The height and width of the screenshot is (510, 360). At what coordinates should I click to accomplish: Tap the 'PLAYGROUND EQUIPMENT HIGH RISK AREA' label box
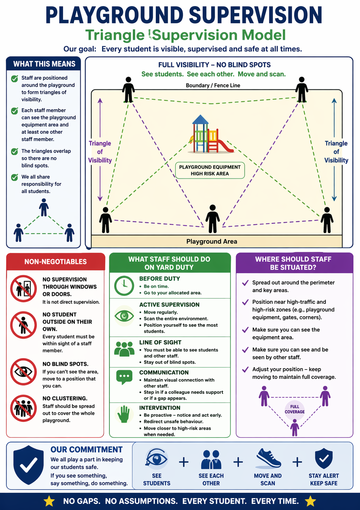click(x=210, y=170)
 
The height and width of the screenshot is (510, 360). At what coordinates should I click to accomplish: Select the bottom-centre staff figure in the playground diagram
click(x=212, y=219)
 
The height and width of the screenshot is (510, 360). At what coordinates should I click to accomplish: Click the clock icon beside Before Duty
click(x=124, y=285)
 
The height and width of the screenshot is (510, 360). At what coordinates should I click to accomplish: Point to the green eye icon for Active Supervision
click(x=124, y=316)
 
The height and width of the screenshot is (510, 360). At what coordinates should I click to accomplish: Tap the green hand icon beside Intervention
click(x=124, y=414)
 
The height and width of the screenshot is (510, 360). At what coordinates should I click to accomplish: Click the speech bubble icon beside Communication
click(x=124, y=377)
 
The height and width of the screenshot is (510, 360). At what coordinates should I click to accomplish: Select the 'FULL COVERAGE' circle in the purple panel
click(x=294, y=409)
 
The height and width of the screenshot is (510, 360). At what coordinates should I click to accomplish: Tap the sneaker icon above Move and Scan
click(x=268, y=459)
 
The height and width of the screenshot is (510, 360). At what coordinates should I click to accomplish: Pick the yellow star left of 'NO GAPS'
click(x=49, y=501)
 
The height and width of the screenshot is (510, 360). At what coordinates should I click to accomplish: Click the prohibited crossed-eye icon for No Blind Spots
click(x=23, y=372)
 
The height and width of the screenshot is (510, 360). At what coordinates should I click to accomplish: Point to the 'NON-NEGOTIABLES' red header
click(x=55, y=262)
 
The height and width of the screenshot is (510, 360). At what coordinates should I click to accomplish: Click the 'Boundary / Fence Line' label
click(x=213, y=85)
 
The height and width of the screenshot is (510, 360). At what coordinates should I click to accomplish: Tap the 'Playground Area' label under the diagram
click(x=212, y=241)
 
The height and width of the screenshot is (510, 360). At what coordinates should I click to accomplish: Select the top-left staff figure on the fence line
click(x=128, y=90)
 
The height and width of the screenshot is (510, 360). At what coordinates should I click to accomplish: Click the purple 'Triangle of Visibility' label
click(x=100, y=152)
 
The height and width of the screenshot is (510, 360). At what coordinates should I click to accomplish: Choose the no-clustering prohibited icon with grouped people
click(x=23, y=408)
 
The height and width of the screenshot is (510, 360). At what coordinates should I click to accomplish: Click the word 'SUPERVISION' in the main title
click(x=255, y=15)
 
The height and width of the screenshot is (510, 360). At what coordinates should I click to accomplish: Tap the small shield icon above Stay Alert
click(x=324, y=459)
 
